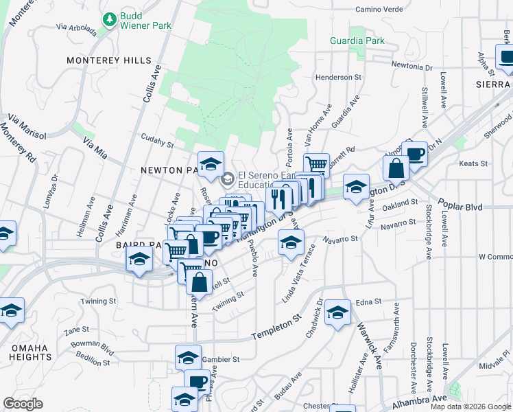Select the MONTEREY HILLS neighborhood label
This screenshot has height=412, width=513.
108,60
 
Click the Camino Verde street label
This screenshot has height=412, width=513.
382,10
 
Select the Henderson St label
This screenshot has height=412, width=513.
338,78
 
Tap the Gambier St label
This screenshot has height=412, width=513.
222,359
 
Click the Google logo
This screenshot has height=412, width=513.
23,404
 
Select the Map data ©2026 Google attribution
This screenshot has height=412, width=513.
471,407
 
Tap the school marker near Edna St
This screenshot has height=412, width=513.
337,312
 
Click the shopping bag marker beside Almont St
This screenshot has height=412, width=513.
396,167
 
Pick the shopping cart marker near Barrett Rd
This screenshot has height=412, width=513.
316,165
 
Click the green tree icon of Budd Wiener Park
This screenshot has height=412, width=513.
108,20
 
